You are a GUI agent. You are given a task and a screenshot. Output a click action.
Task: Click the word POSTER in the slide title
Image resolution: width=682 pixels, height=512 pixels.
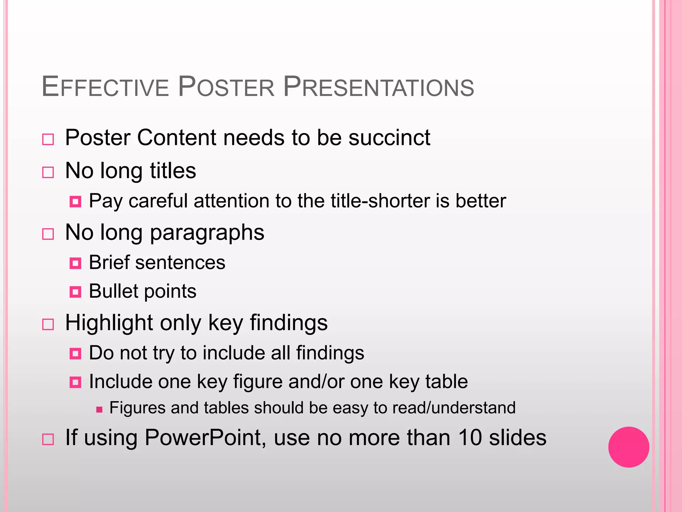click(226, 87)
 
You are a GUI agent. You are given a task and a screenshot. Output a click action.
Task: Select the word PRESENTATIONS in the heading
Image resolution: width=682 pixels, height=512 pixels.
click(378, 87)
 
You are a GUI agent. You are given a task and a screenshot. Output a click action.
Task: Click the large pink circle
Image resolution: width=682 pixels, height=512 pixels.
click(628, 447)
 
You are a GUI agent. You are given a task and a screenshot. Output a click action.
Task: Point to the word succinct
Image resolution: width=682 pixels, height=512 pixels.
click(389, 137)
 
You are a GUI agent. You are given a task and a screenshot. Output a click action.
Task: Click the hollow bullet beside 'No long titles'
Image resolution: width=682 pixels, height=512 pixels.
click(48, 172)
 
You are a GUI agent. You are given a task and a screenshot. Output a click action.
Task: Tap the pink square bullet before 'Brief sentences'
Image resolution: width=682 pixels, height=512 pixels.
click(75, 263)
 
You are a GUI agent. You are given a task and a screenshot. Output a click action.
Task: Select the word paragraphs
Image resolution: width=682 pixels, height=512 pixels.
click(207, 232)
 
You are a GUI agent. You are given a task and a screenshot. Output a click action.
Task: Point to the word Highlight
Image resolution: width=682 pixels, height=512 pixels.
click(109, 323)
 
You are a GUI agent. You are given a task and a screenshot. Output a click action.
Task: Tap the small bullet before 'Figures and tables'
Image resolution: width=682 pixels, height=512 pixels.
click(99, 409)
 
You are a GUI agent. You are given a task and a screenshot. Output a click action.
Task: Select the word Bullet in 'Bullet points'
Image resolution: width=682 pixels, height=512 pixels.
click(113, 291)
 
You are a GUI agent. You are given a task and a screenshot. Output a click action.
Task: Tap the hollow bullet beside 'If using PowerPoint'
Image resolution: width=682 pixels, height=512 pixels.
click(48, 439)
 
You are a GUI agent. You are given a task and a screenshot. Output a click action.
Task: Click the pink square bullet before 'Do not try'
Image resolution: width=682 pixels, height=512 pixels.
click(75, 354)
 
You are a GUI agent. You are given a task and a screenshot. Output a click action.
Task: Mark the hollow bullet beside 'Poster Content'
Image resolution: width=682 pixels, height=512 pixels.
click(48, 139)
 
